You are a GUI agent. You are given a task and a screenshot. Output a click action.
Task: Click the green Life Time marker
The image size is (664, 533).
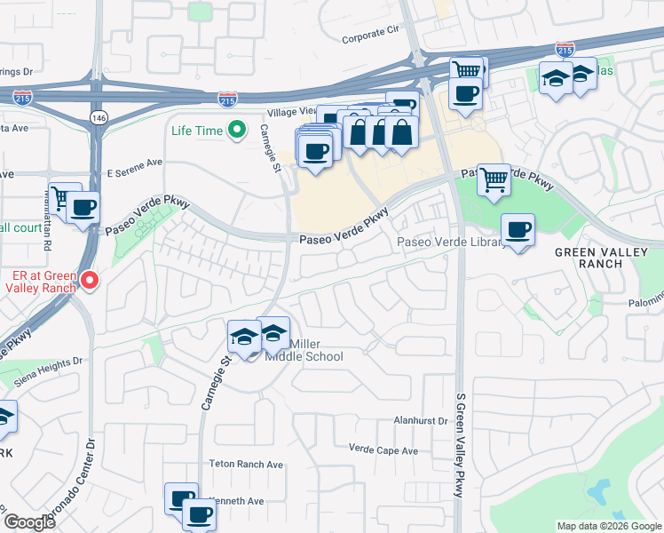(236, 131)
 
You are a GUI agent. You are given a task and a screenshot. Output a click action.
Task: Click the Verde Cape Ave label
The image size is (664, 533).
(383, 450)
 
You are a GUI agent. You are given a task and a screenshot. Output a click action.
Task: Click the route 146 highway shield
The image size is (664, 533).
(97, 116)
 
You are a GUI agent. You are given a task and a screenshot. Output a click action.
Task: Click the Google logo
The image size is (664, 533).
(28, 522)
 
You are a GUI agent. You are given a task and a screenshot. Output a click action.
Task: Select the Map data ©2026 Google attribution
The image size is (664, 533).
(609, 526)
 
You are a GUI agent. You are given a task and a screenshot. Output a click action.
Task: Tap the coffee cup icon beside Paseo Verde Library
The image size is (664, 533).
(518, 230)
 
